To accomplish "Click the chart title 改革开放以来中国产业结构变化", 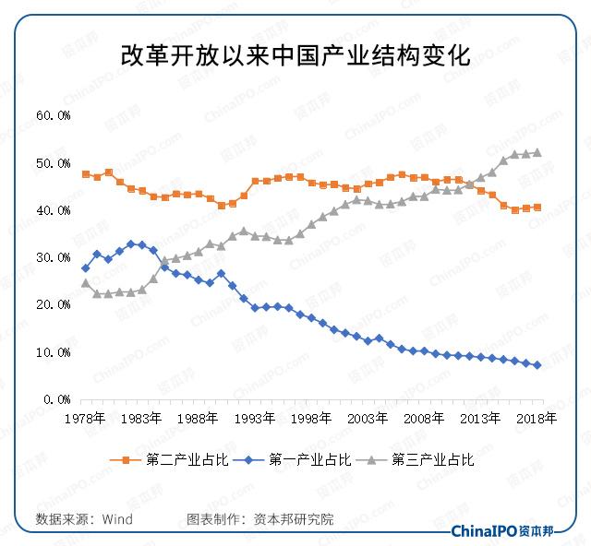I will click(x=295, y=55).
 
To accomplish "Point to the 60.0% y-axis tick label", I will click(x=54, y=116).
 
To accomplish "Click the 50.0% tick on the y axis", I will click(x=54, y=163).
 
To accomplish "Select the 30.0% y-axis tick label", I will click(x=54, y=258).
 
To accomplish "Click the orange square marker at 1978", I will click(x=86, y=174).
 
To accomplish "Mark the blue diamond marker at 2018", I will click(x=537, y=365).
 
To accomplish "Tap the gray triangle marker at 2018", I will click(x=537, y=153).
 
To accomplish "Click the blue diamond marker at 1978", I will click(x=86, y=268).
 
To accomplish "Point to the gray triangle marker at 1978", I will click(x=86, y=283).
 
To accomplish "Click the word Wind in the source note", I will click(x=117, y=519).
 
